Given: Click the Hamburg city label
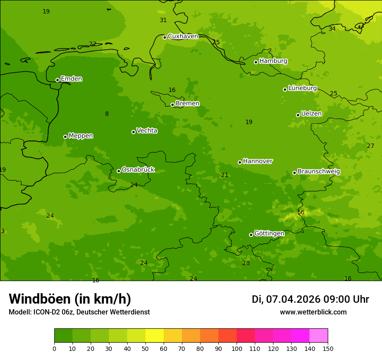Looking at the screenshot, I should (273, 61).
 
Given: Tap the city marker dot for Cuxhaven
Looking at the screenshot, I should (165, 37).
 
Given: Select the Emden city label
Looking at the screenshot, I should (71, 79).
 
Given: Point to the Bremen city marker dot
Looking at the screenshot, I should (172, 105).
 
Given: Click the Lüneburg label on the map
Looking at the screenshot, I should (302, 88).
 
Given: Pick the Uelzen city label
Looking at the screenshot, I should (311, 114).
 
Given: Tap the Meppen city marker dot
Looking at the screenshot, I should (65, 137).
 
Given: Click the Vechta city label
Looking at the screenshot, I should (147, 131).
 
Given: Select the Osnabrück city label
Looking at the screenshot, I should (138, 170).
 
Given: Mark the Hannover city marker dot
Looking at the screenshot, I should (240, 162).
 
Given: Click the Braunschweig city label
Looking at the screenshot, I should (319, 171).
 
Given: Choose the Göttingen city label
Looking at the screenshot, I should (269, 233).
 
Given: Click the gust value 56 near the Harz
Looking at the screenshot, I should (301, 212).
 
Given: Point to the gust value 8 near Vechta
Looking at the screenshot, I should (107, 114).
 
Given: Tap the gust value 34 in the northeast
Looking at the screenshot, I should (332, 29).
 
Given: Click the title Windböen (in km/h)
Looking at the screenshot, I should (70, 299).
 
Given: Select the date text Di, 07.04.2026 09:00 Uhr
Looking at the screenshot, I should (310, 299).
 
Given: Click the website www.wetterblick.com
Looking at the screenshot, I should (313, 312).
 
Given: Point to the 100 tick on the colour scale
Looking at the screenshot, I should (237, 348).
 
